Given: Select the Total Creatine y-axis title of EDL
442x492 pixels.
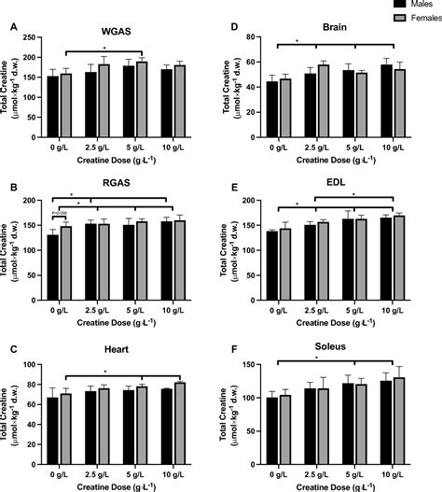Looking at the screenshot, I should [x=236, y=241].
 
